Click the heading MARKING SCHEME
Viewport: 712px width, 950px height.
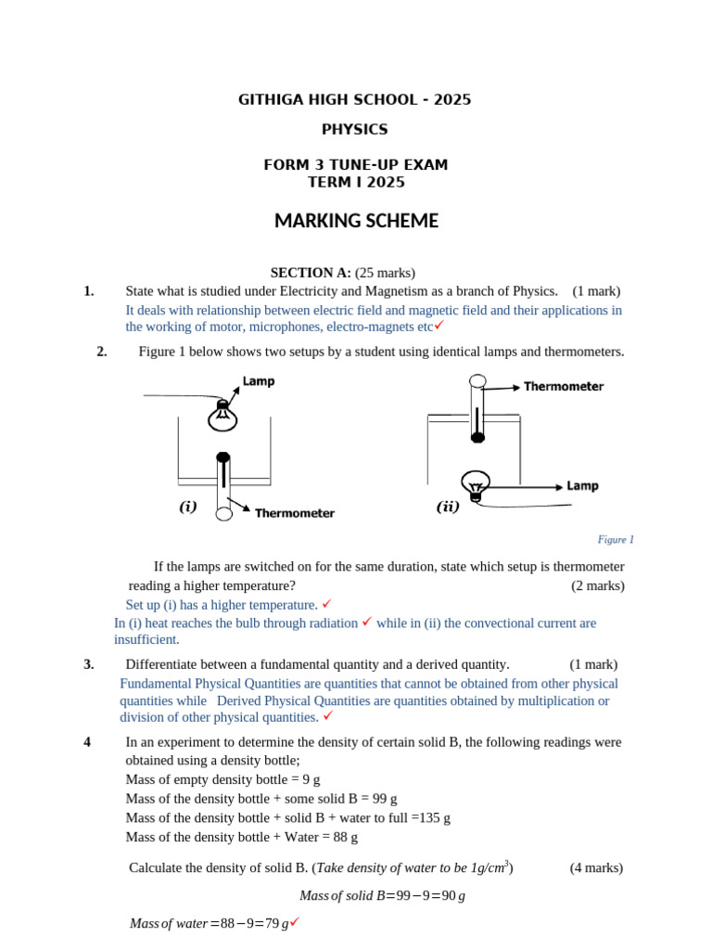(356, 222)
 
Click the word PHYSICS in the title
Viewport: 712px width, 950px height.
(355, 130)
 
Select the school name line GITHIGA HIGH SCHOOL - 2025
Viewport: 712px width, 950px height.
(355, 100)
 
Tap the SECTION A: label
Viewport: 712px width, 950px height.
(311, 273)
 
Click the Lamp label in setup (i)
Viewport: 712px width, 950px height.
(259, 381)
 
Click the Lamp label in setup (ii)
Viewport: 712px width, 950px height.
(582, 485)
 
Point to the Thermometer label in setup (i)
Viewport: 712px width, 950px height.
(294, 513)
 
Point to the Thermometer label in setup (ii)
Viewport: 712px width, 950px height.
(564, 386)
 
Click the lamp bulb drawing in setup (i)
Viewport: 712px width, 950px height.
(222, 416)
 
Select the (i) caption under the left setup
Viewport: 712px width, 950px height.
(188, 507)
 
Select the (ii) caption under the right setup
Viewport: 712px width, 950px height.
(448, 507)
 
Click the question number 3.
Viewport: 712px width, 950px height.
(89, 664)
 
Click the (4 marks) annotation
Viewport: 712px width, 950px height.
(596, 868)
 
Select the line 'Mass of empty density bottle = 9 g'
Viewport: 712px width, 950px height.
(222, 779)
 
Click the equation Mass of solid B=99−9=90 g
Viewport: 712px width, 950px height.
(382, 895)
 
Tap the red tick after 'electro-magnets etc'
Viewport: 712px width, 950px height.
(439, 326)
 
